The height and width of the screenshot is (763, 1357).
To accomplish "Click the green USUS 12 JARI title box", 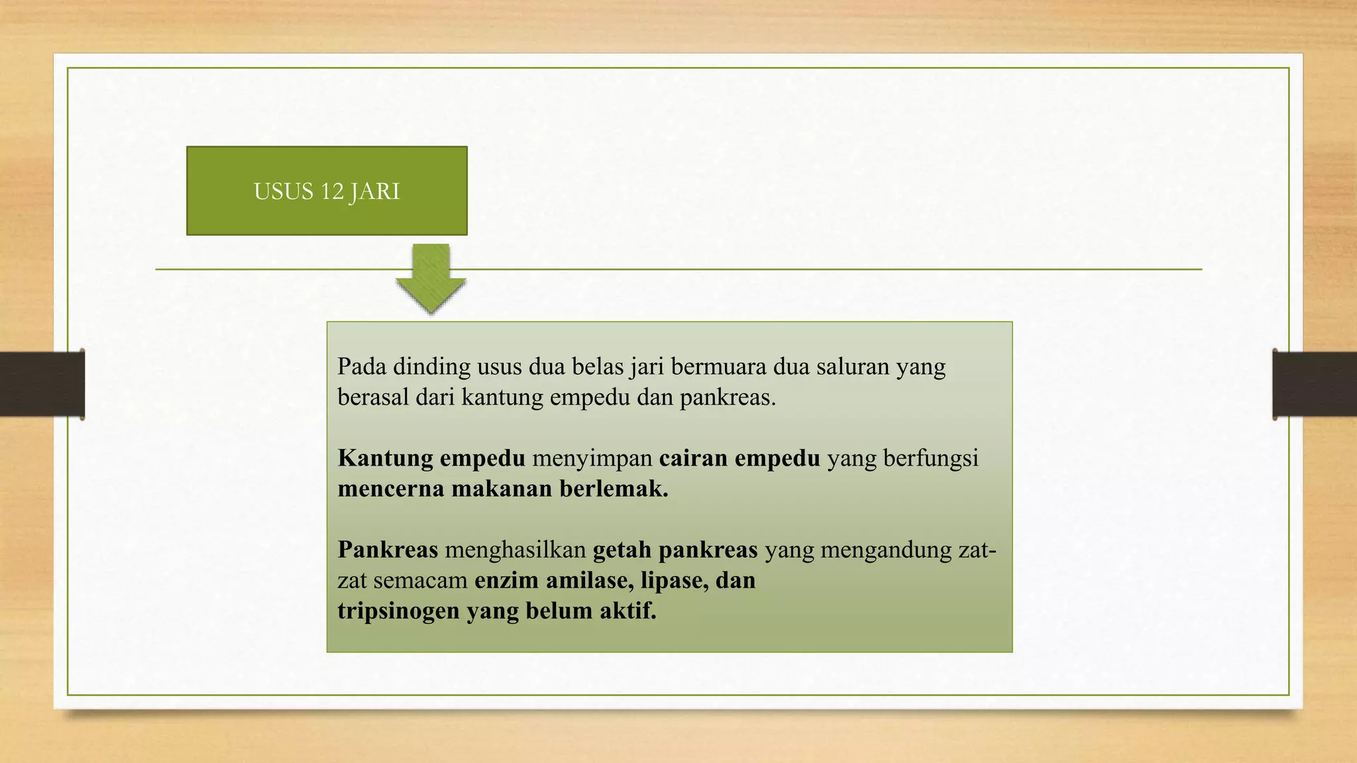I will pos(327,191).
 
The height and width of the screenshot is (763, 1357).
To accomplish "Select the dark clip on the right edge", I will pos(1315,384).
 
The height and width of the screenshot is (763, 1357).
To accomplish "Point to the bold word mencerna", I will pos(391,489).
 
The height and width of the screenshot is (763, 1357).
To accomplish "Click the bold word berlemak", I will pos(614,489).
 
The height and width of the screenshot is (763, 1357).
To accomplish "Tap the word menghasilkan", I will pos(516,550).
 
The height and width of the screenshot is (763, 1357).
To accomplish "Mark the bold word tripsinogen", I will pos(398,611).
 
